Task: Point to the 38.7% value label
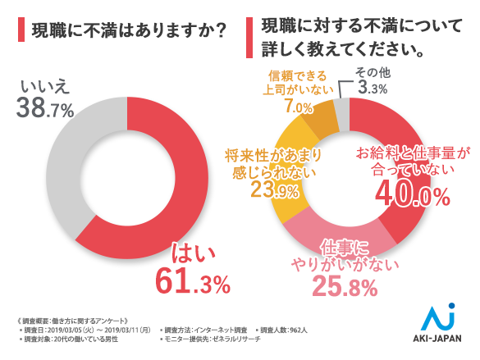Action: [46, 107]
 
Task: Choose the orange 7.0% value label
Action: [298, 107]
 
